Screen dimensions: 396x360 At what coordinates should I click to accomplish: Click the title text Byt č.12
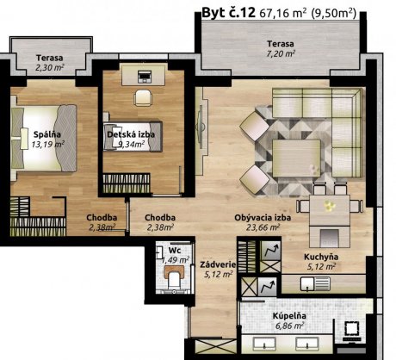tap(228, 13)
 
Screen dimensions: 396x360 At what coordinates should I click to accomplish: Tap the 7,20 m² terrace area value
tap(281, 53)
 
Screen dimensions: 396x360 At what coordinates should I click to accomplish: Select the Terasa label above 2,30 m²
tap(49, 58)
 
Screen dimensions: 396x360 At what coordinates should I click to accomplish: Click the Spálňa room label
tap(47, 134)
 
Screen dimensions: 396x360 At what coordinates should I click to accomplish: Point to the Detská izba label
tap(131, 134)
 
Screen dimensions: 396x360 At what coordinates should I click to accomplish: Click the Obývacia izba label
tap(263, 218)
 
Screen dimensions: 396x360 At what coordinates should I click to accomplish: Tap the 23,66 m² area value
tap(263, 227)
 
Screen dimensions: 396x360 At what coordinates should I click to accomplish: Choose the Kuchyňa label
tap(321, 257)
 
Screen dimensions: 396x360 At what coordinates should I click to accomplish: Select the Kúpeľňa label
tap(289, 316)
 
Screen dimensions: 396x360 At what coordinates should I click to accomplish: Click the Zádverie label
tap(218, 264)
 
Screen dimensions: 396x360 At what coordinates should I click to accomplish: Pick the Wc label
tap(175, 250)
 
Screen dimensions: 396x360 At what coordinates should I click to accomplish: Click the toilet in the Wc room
tap(174, 278)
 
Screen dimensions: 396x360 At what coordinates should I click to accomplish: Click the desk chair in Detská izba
tap(142, 98)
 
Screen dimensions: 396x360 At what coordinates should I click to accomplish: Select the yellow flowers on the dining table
tap(329, 205)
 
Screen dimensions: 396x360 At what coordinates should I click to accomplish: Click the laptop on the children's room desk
tap(143, 77)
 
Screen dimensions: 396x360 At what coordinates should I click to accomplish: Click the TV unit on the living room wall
tap(201, 127)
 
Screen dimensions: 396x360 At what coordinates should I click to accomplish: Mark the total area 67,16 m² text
tap(283, 13)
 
